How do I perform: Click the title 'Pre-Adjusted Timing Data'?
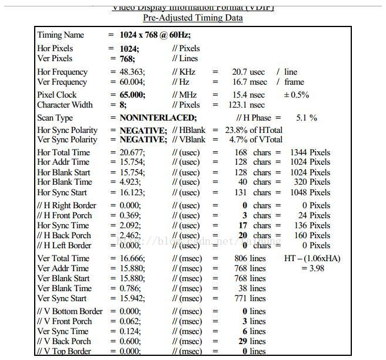coord(193,18)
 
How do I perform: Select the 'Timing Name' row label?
coord(61,35)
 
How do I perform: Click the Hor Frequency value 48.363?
coord(129,72)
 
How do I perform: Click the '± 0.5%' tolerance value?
coord(297,95)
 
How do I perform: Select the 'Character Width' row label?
coord(65,105)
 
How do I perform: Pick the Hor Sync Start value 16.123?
coord(129,192)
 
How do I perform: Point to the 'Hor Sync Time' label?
coord(63,225)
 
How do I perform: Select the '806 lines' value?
coord(249,258)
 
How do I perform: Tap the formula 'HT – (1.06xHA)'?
coord(312,258)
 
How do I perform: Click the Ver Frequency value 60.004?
coord(129,82)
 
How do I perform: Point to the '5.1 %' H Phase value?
coord(306,118)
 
